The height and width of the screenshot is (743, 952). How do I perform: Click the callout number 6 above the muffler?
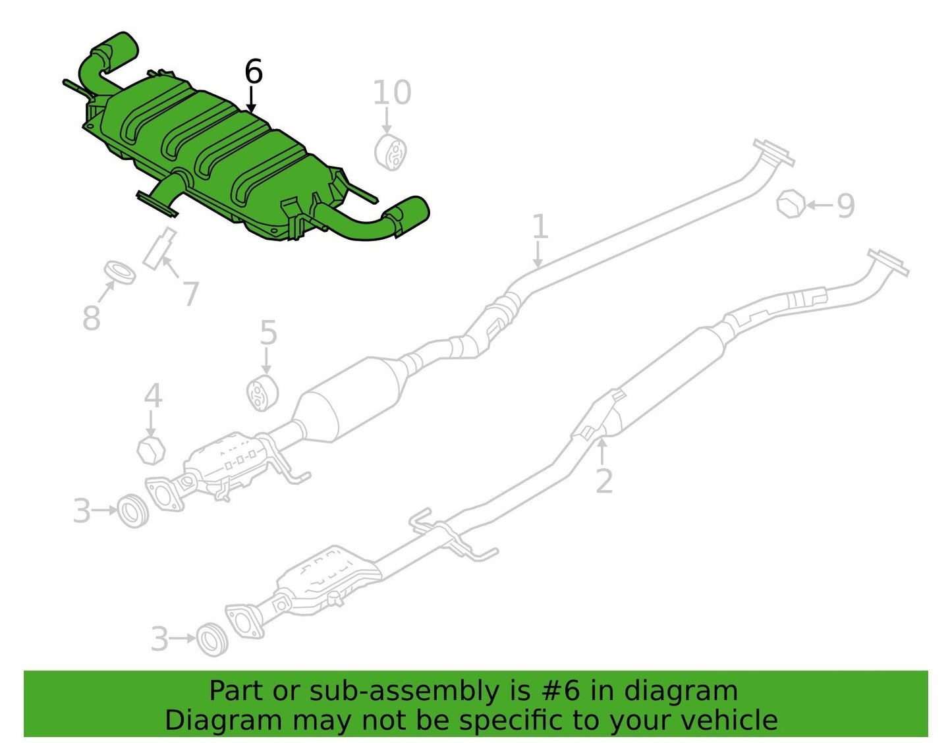coord(253,71)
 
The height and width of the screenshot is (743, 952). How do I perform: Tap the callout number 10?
coord(392,92)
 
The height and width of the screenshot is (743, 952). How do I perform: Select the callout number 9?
coord(845,206)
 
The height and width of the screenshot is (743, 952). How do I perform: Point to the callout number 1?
coord(540,226)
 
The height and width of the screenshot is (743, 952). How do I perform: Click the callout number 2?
coord(604,482)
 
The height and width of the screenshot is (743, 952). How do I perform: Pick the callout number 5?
coord(269,333)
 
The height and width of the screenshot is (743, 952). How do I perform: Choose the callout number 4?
coord(153,395)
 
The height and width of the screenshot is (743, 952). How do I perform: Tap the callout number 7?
coord(190,293)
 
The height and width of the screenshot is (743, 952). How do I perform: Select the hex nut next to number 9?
coord(791,204)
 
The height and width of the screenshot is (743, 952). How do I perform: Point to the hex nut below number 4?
coord(151,449)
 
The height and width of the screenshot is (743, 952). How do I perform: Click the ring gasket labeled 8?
coord(120,272)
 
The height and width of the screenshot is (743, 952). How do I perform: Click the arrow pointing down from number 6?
coord(251,99)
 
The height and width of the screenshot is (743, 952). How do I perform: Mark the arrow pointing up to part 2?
coord(602,451)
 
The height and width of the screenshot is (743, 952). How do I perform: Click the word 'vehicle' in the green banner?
coord(737,720)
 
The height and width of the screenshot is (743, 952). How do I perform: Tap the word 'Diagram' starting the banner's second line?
coord(223,721)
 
